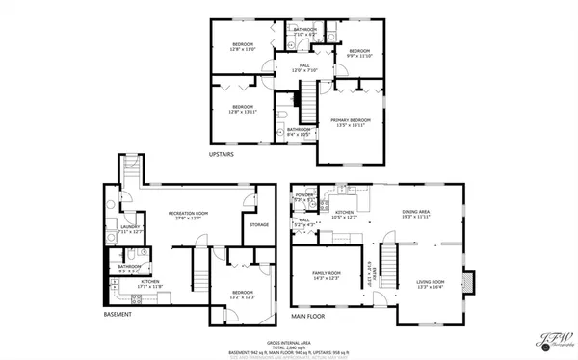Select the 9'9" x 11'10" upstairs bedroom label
(x=359, y=53)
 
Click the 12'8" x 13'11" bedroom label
(x=241, y=109)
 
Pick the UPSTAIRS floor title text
(x=223, y=154)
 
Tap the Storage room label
(x=259, y=225)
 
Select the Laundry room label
(x=129, y=229)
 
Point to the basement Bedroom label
(x=242, y=294)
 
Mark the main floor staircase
(x=389, y=260)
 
